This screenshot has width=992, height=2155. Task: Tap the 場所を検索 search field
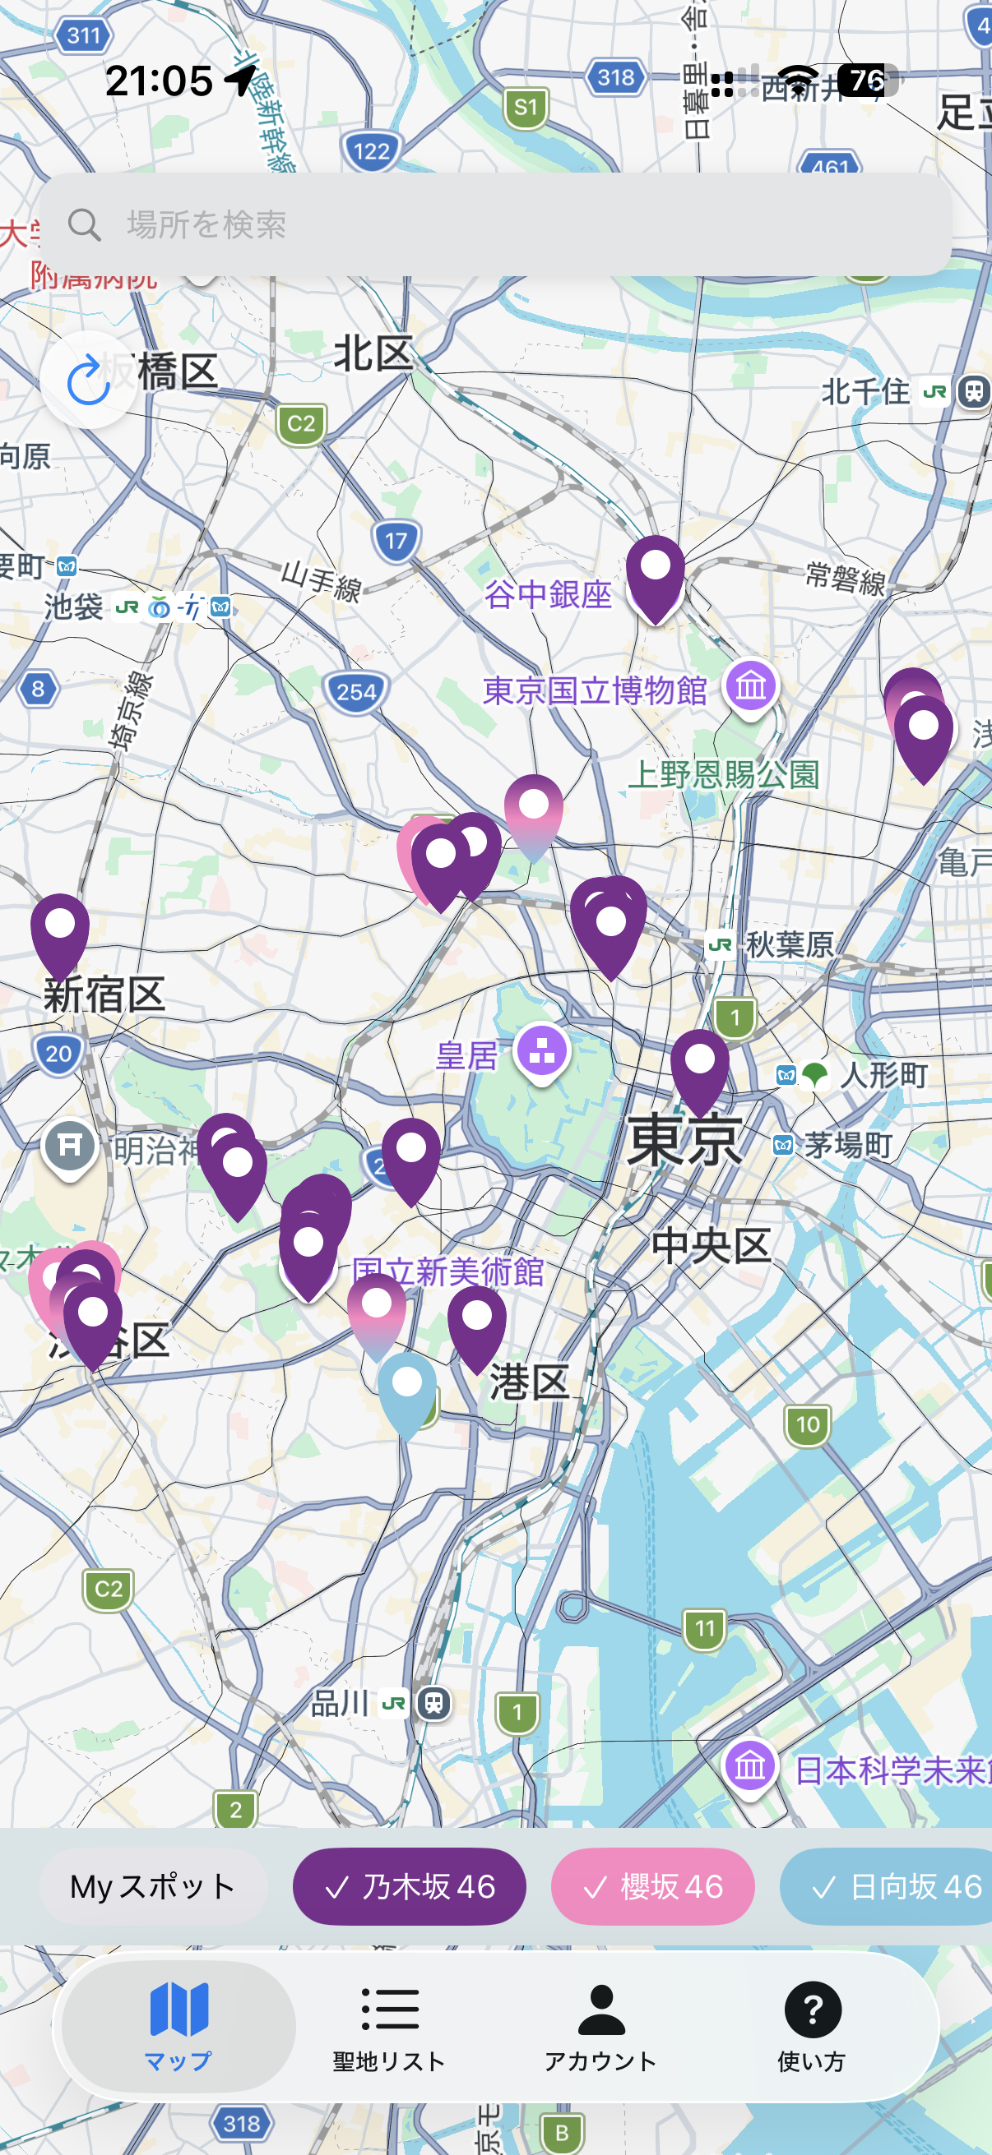pyautogui.click(x=494, y=224)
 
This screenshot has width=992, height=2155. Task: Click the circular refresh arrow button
pyautogui.click(x=89, y=381)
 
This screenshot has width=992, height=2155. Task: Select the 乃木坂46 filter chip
pyautogui.click(x=409, y=1886)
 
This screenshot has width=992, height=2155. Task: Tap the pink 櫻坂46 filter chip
pyautogui.click(x=652, y=1886)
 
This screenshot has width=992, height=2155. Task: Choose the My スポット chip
pyautogui.click(x=152, y=1886)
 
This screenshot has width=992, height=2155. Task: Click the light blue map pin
pyautogui.click(x=407, y=1389)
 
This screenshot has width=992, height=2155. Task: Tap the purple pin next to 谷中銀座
pyautogui.click(x=656, y=573)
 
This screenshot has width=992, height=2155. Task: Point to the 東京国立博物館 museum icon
pyautogui.click(x=751, y=687)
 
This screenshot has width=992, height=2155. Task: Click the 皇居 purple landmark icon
pyautogui.click(x=541, y=1051)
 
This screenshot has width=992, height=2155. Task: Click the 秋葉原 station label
pyautogui.click(x=789, y=945)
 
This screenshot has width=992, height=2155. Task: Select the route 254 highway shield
pyautogui.click(x=357, y=692)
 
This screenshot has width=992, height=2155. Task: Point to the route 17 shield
pyautogui.click(x=396, y=542)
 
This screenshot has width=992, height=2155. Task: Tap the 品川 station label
pyautogui.click(x=341, y=1703)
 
